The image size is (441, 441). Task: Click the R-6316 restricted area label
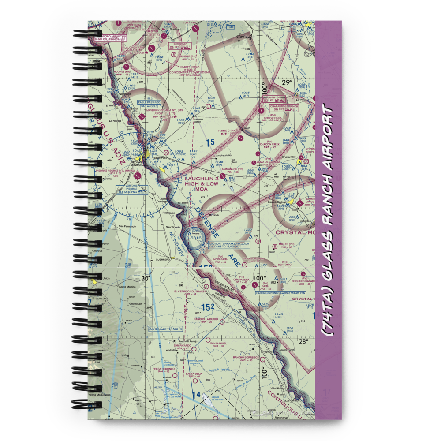(194, 238)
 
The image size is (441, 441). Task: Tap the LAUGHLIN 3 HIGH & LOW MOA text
(202, 183)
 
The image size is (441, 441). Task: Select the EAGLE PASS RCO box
(149, 102)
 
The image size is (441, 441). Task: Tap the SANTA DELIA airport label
(195, 374)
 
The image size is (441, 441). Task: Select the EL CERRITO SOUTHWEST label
(190, 292)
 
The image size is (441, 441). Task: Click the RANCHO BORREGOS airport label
(246, 357)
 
